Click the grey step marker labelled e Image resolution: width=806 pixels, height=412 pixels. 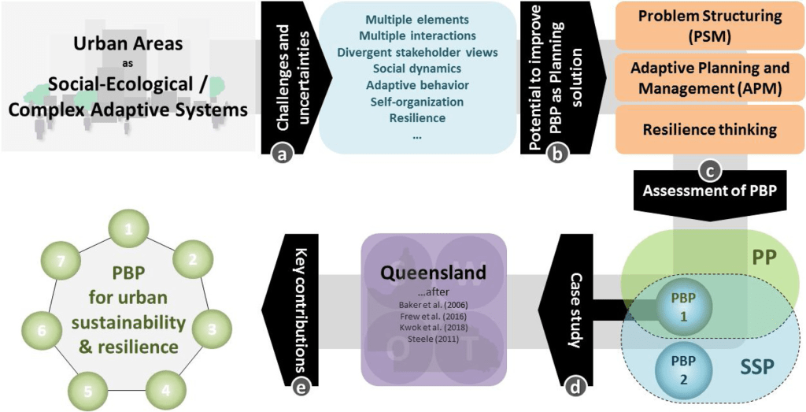pyautogui.click(x=299, y=387)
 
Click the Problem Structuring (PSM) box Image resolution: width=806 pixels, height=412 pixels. pyautogui.click(x=704, y=24)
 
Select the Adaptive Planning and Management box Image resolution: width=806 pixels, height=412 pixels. pyautogui.click(x=704, y=77)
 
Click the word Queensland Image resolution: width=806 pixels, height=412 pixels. pyautogui.click(x=433, y=273)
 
